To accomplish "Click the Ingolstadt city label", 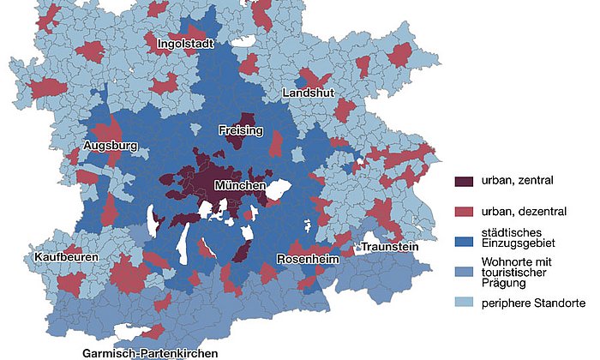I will coord(184,43).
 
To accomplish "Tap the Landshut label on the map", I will coord(308,93).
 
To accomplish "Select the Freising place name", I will coord(240,131).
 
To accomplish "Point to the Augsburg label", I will coord(111,146).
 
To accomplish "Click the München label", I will coord(240,185).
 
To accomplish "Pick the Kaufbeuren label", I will coord(67,257).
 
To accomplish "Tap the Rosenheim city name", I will coord(308,259).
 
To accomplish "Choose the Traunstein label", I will coord(389,247).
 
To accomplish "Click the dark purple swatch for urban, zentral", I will coord(464,182).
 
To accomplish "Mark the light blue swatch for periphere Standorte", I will coord(464,303).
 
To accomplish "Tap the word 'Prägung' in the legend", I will coord(503,283).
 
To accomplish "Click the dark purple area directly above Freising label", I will coord(248,119).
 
